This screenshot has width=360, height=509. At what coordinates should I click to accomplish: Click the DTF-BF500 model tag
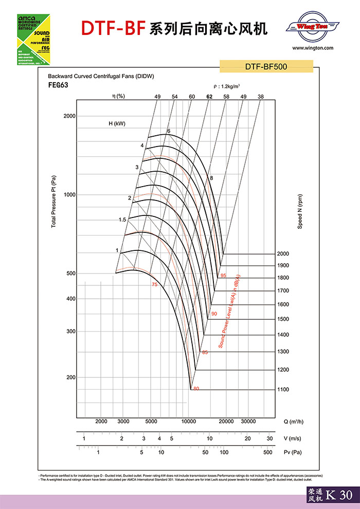pos(266,66)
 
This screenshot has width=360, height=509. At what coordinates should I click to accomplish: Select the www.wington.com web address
pos(313,48)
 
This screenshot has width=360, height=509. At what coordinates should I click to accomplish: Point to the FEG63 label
pos(58,85)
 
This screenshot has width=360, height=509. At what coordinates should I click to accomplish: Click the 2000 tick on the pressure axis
pos(69,116)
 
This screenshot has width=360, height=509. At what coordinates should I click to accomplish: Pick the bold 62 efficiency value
pos(209,97)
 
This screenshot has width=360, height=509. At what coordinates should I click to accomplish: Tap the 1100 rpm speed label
pos(283,390)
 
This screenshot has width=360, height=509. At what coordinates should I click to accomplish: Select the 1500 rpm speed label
pos(283,319)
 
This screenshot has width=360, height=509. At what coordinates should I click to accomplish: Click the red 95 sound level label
pos(223,276)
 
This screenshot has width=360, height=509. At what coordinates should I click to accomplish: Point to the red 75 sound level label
pos(154,284)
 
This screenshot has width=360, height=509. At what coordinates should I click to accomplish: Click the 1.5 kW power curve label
pos(122,220)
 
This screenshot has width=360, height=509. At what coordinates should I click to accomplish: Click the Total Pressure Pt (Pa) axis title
pos(53,202)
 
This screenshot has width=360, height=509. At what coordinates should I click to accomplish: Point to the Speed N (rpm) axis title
pos(300,211)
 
